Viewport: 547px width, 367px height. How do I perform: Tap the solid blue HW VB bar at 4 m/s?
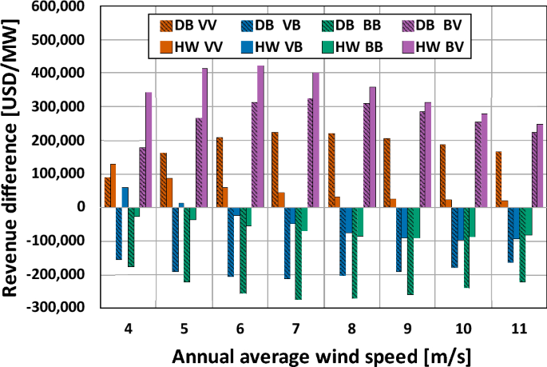(x=125, y=197)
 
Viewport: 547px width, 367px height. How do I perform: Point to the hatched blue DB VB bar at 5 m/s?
(x=175, y=239)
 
